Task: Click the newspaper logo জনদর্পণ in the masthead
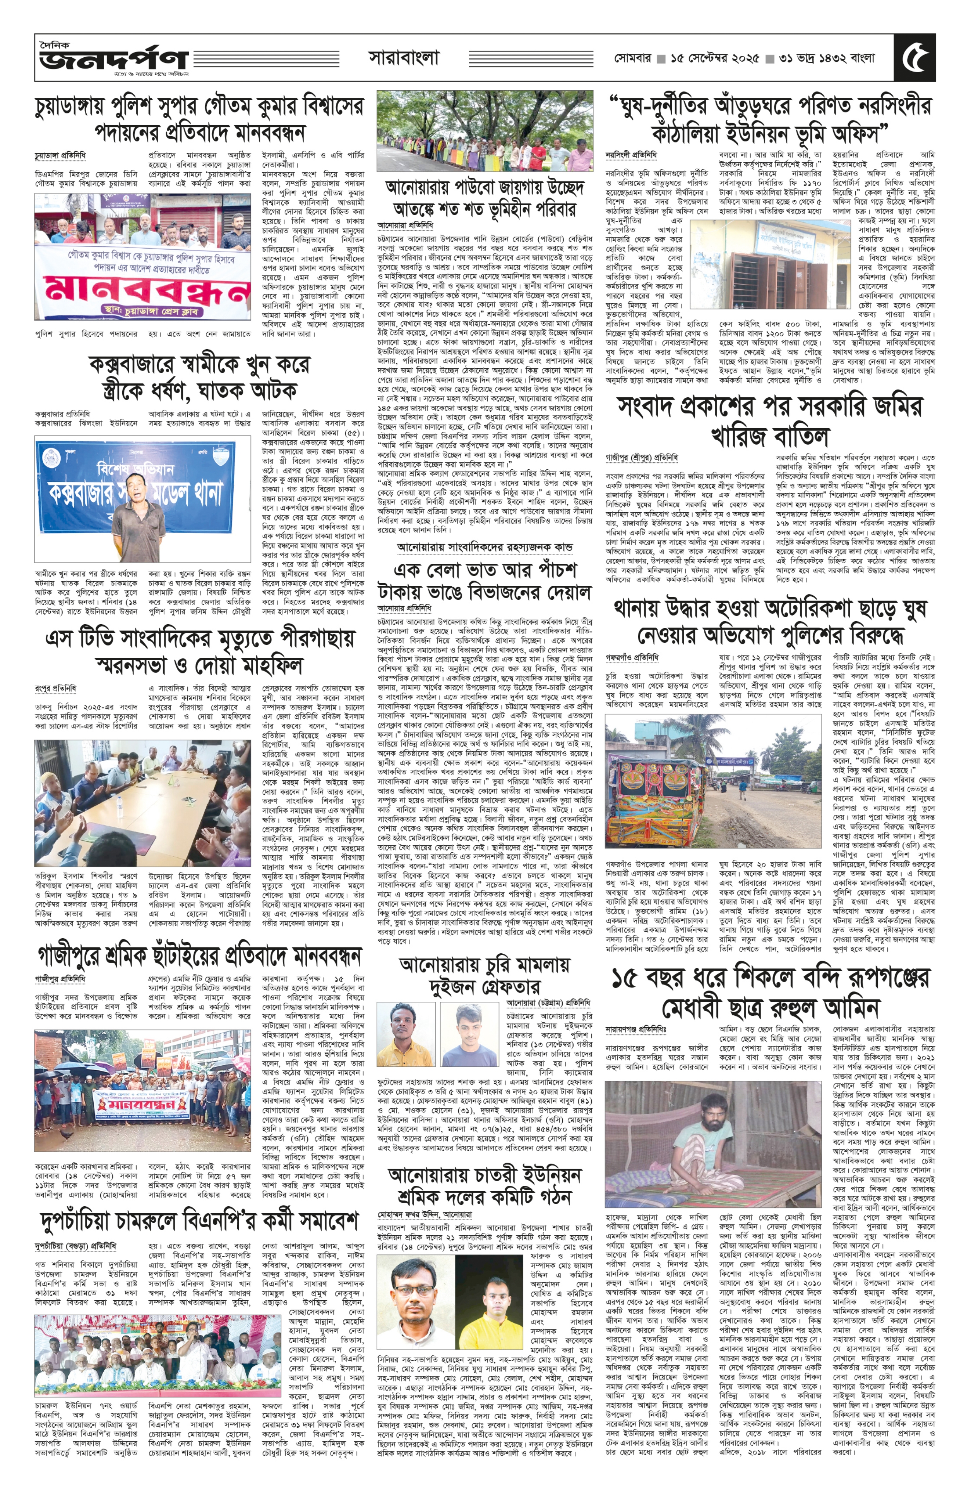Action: click(x=113, y=60)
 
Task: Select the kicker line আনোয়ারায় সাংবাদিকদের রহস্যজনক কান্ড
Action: click(x=484, y=547)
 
